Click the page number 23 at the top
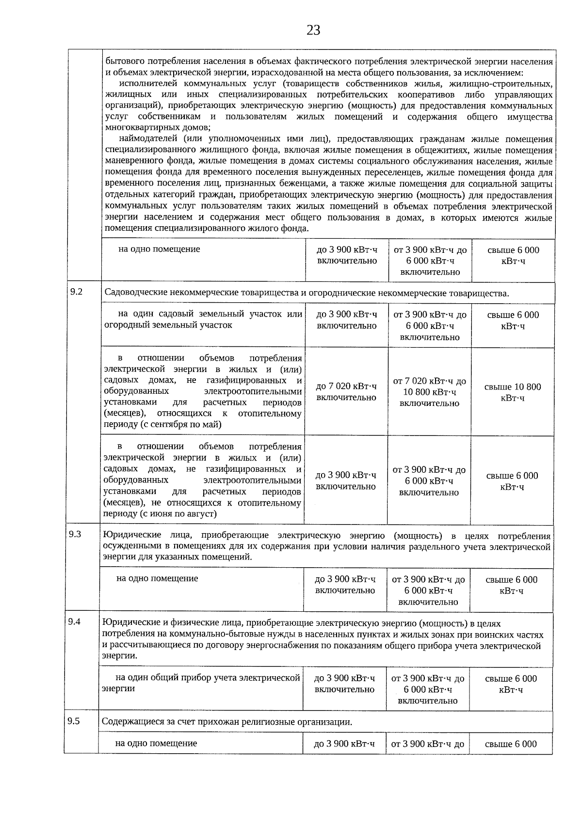[313, 31]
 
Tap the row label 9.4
[74, 622]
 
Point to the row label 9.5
[74, 721]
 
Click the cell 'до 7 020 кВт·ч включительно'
[346, 391]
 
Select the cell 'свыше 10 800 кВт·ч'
[513, 392]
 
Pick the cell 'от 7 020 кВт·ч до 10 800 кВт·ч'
[429, 392]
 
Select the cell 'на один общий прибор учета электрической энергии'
[201, 683]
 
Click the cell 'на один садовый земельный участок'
[203, 319]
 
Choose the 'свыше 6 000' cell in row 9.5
[511, 744]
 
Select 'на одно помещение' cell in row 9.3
[157, 578]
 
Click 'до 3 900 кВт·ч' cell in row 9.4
[344, 683]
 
